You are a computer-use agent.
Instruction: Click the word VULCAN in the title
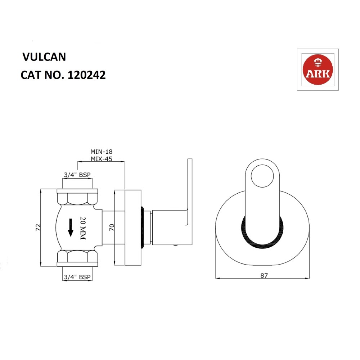[44, 57]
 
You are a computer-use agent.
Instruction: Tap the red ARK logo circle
[318, 70]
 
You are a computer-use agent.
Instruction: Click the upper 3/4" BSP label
[77, 175]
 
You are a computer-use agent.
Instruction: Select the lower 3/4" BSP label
[77, 277]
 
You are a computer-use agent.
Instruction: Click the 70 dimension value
[111, 228]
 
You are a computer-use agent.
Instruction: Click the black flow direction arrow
[71, 228]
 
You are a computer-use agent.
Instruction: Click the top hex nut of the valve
[77, 198]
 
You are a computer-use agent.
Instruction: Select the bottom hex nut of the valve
[77, 257]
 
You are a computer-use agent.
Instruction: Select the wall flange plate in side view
[132, 228]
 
